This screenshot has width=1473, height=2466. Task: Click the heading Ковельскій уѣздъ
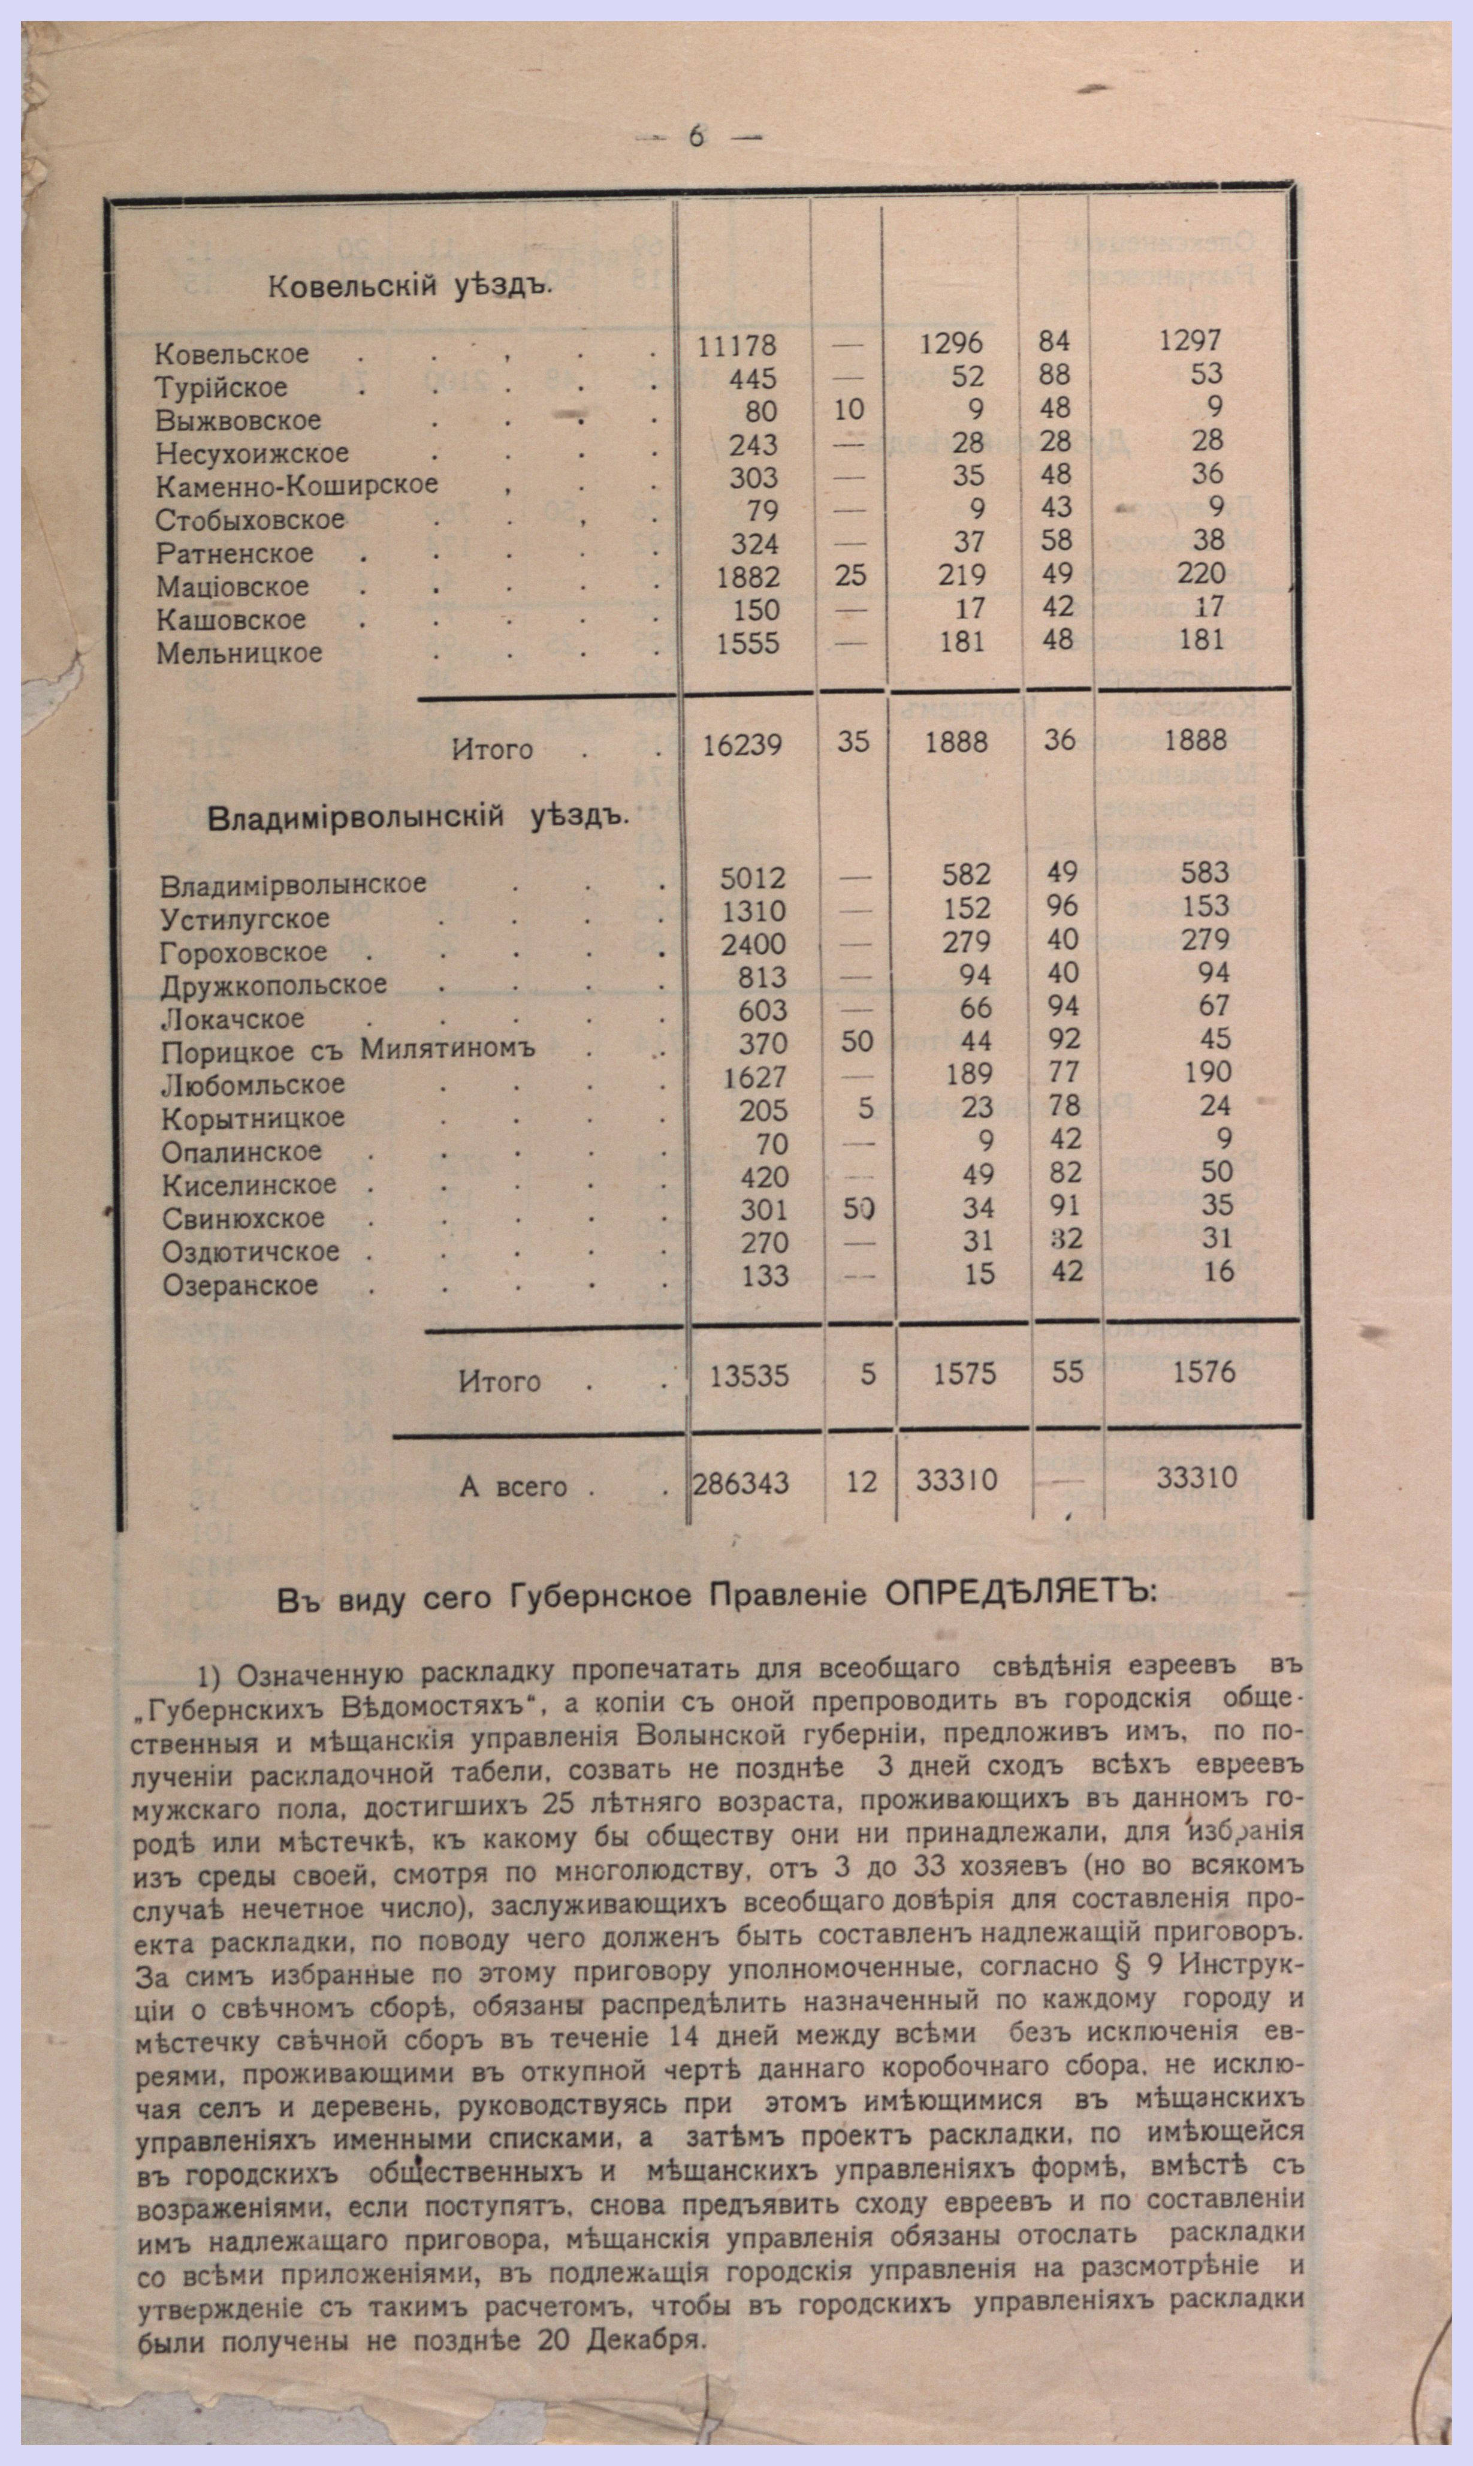coord(408,287)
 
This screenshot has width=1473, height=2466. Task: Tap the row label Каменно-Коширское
coord(296,486)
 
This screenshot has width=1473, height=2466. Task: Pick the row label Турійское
coord(221,387)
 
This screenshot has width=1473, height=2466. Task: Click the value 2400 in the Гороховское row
coord(753,944)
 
